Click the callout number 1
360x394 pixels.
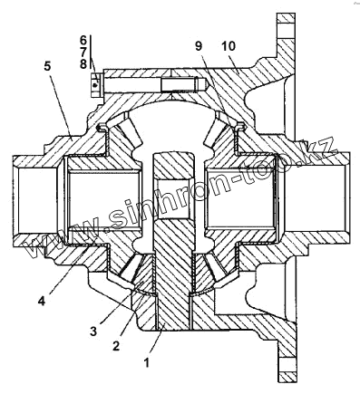147,362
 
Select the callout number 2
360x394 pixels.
116,346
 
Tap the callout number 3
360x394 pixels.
93,332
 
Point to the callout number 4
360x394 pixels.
42,301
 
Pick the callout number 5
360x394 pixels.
48,66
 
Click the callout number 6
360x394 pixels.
83,40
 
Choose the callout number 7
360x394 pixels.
83,52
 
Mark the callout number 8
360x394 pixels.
83,63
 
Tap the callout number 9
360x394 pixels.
199,46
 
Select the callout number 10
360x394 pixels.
229,46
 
